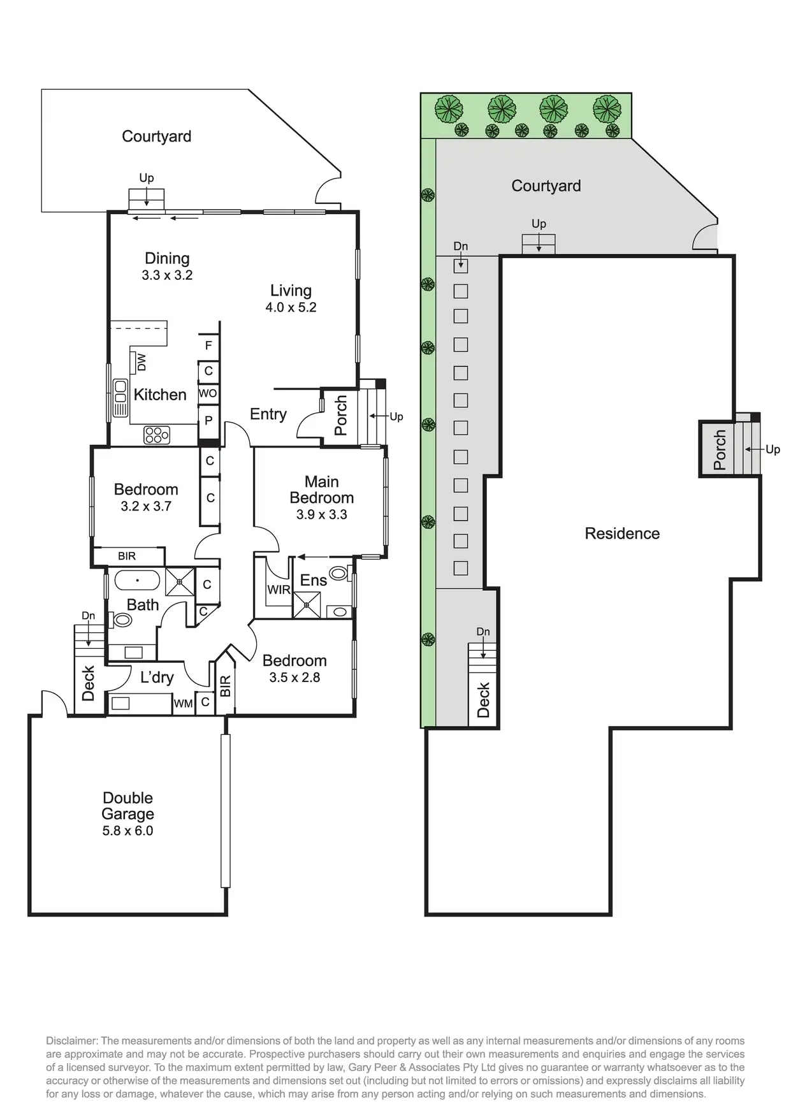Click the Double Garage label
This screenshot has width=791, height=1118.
(x=127, y=806)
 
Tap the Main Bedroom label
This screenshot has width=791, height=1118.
(x=321, y=490)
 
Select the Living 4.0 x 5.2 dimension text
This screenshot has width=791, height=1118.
(x=291, y=307)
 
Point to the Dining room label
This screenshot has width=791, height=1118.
(x=167, y=258)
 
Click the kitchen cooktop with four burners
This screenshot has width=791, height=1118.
(x=157, y=435)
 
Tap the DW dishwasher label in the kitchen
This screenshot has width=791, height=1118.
(x=142, y=362)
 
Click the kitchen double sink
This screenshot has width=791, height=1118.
(x=120, y=398)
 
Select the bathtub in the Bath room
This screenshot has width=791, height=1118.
(x=137, y=581)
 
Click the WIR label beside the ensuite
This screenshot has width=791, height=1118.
(x=279, y=590)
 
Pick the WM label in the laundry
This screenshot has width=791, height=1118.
(x=183, y=704)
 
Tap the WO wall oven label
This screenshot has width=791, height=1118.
(x=208, y=393)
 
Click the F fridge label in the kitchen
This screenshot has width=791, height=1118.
(x=208, y=345)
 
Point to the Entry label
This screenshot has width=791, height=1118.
(x=268, y=414)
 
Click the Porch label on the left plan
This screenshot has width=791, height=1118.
(x=341, y=415)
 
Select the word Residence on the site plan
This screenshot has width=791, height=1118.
(x=622, y=534)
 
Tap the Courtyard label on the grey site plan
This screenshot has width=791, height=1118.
(x=546, y=185)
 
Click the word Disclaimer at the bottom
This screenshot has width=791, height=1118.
(x=71, y=1041)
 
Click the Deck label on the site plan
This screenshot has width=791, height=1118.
(x=483, y=700)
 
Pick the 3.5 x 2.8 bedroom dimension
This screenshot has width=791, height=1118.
(x=294, y=678)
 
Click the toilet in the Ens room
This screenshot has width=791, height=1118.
(x=339, y=572)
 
